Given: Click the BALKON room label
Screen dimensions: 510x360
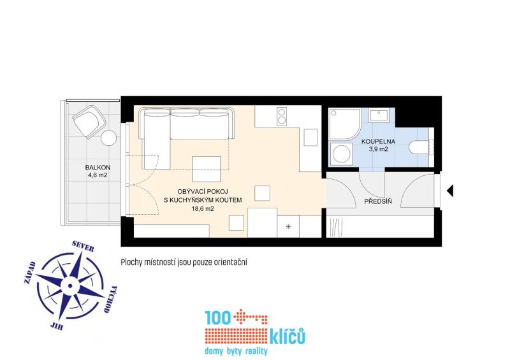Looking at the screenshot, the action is (98, 168).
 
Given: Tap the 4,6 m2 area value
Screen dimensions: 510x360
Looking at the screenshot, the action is (98, 175).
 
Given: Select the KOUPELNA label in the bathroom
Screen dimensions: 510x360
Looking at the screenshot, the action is (378, 142).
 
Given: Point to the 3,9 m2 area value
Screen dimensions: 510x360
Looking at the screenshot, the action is (378, 149).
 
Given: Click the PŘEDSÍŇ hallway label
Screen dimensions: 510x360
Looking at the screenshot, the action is (378, 201).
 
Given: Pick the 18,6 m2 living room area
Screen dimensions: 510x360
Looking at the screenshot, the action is (203, 209).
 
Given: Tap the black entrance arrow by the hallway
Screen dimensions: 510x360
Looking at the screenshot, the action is (450, 191).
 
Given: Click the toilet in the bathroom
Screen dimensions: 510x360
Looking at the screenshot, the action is (421, 147).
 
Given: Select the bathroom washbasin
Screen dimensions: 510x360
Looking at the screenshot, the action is (379, 115).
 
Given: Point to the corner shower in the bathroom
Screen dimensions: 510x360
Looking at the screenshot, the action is (344, 124).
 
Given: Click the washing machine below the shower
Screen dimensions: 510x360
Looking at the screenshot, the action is (341, 154).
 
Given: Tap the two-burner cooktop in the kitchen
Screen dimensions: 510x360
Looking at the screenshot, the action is (282, 117).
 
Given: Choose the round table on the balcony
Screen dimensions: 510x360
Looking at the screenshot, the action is (108, 138).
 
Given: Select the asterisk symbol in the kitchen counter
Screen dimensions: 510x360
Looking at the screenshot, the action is (288, 227).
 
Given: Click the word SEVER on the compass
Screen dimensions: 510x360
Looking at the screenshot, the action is (84, 246).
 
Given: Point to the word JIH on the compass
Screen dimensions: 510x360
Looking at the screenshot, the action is (57, 325).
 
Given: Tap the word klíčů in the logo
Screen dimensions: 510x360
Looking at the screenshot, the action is (288, 336).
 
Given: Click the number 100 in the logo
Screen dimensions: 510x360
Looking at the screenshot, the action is (218, 317).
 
